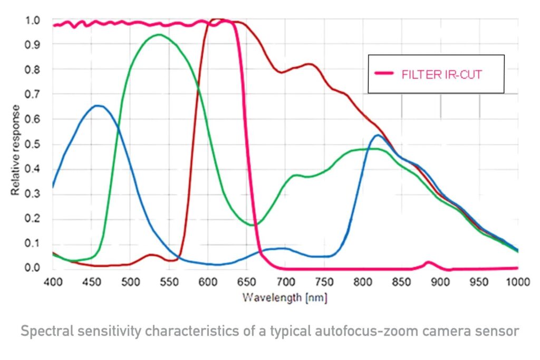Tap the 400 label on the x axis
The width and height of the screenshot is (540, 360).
tap(53, 282)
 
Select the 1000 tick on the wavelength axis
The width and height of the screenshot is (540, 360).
tap(516, 282)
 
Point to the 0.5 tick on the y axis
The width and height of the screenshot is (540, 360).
tap(33, 144)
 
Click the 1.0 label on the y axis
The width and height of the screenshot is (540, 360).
tap(33, 21)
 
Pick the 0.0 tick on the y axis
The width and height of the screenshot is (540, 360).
tap(33, 268)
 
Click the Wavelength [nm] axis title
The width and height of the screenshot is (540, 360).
tap(285, 298)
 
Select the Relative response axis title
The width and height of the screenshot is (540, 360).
tap(16, 150)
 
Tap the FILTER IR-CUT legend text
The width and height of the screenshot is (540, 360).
tap(442, 74)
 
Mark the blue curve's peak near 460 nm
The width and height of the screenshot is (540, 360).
tap(98, 106)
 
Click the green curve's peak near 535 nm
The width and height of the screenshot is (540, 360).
tap(159, 35)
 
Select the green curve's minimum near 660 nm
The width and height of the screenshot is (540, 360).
tap(253, 225)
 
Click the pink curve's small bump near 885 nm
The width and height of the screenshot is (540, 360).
tap(428, 262)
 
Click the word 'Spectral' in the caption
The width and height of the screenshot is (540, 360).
tap(44, 332)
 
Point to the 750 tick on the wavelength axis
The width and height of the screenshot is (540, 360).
tap(324, 282)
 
